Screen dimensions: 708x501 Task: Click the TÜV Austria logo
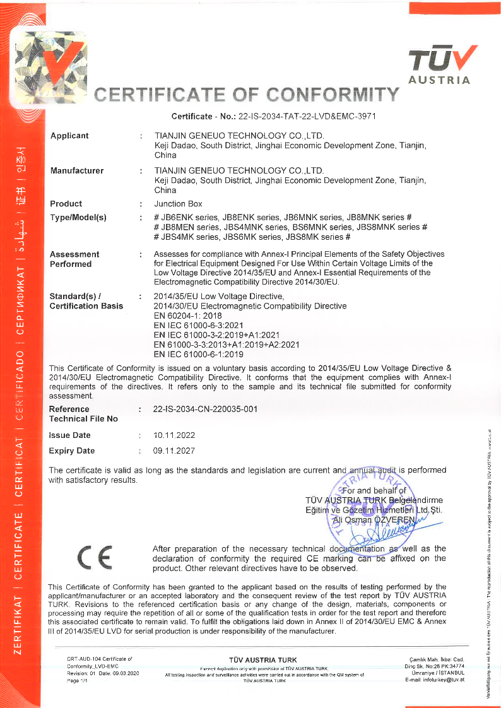440,64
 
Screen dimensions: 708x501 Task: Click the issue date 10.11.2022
175,435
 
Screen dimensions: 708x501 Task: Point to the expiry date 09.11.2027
175,451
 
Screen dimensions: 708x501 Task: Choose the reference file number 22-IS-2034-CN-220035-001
206,409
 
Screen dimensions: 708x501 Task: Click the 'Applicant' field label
69,136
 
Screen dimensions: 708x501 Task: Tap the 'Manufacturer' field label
77,170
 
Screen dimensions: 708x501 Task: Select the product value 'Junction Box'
179,204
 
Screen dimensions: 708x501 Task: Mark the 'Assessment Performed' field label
74,259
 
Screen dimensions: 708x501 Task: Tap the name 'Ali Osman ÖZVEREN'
375,520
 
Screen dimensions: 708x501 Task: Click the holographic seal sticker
50,69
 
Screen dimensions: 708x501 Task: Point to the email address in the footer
435,679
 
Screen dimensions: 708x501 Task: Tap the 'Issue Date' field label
70,435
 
